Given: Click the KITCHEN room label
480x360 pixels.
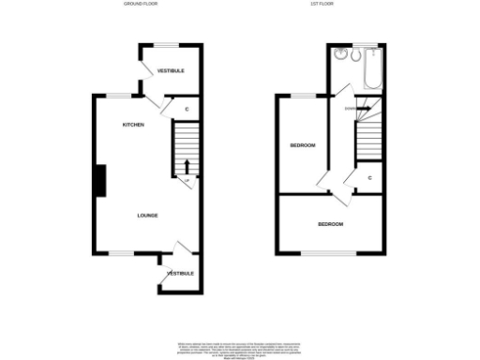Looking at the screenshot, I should pos(132,125).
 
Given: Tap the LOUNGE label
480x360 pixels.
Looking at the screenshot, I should pos(147,216).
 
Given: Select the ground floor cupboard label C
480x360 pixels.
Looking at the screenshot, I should pos(187,111).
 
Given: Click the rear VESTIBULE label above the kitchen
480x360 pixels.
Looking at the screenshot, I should pos(170,71).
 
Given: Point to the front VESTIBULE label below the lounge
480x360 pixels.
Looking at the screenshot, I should pos(180,274).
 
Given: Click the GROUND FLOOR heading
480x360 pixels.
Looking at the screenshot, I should pos(141,5).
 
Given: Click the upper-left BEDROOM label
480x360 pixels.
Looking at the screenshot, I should pos(302,145).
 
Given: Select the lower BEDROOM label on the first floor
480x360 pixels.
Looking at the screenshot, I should pos(330,225).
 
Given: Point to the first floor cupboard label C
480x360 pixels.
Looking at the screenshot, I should pos(370,177).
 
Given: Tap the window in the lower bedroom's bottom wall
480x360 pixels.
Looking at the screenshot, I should pos(328,253).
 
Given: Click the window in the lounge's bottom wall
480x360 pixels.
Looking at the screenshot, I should pos(123,253).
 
